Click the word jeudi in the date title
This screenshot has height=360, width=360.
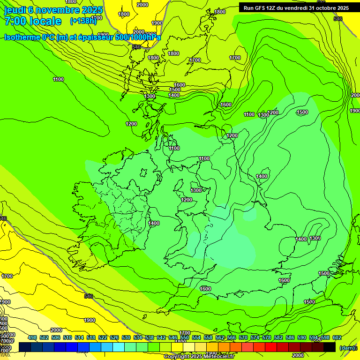click(x=14, y=10)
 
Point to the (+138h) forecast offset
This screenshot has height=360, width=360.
click(x=83, y=21)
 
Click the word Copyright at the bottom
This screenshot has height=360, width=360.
click(x=176, y=357)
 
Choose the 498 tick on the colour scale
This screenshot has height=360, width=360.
click(x=32, y=338)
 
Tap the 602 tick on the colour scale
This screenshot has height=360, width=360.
click(x=337, y=338)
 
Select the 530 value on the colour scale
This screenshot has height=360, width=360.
click(x=126, y=338)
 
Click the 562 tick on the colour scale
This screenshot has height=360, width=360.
click(x=220, y=338)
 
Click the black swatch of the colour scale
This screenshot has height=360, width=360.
click(x=330, y=347)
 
